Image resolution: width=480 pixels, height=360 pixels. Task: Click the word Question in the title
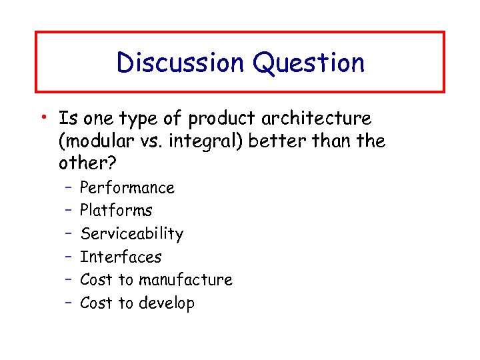(308, 63)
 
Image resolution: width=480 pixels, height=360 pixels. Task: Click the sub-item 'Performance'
(127, 188)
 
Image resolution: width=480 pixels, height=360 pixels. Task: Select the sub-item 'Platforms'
(116, 211)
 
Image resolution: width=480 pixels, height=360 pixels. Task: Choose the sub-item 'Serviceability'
(131, 234)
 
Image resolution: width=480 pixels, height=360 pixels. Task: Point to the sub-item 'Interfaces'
(121, 257)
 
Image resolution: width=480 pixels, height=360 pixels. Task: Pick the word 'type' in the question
(137, 120)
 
